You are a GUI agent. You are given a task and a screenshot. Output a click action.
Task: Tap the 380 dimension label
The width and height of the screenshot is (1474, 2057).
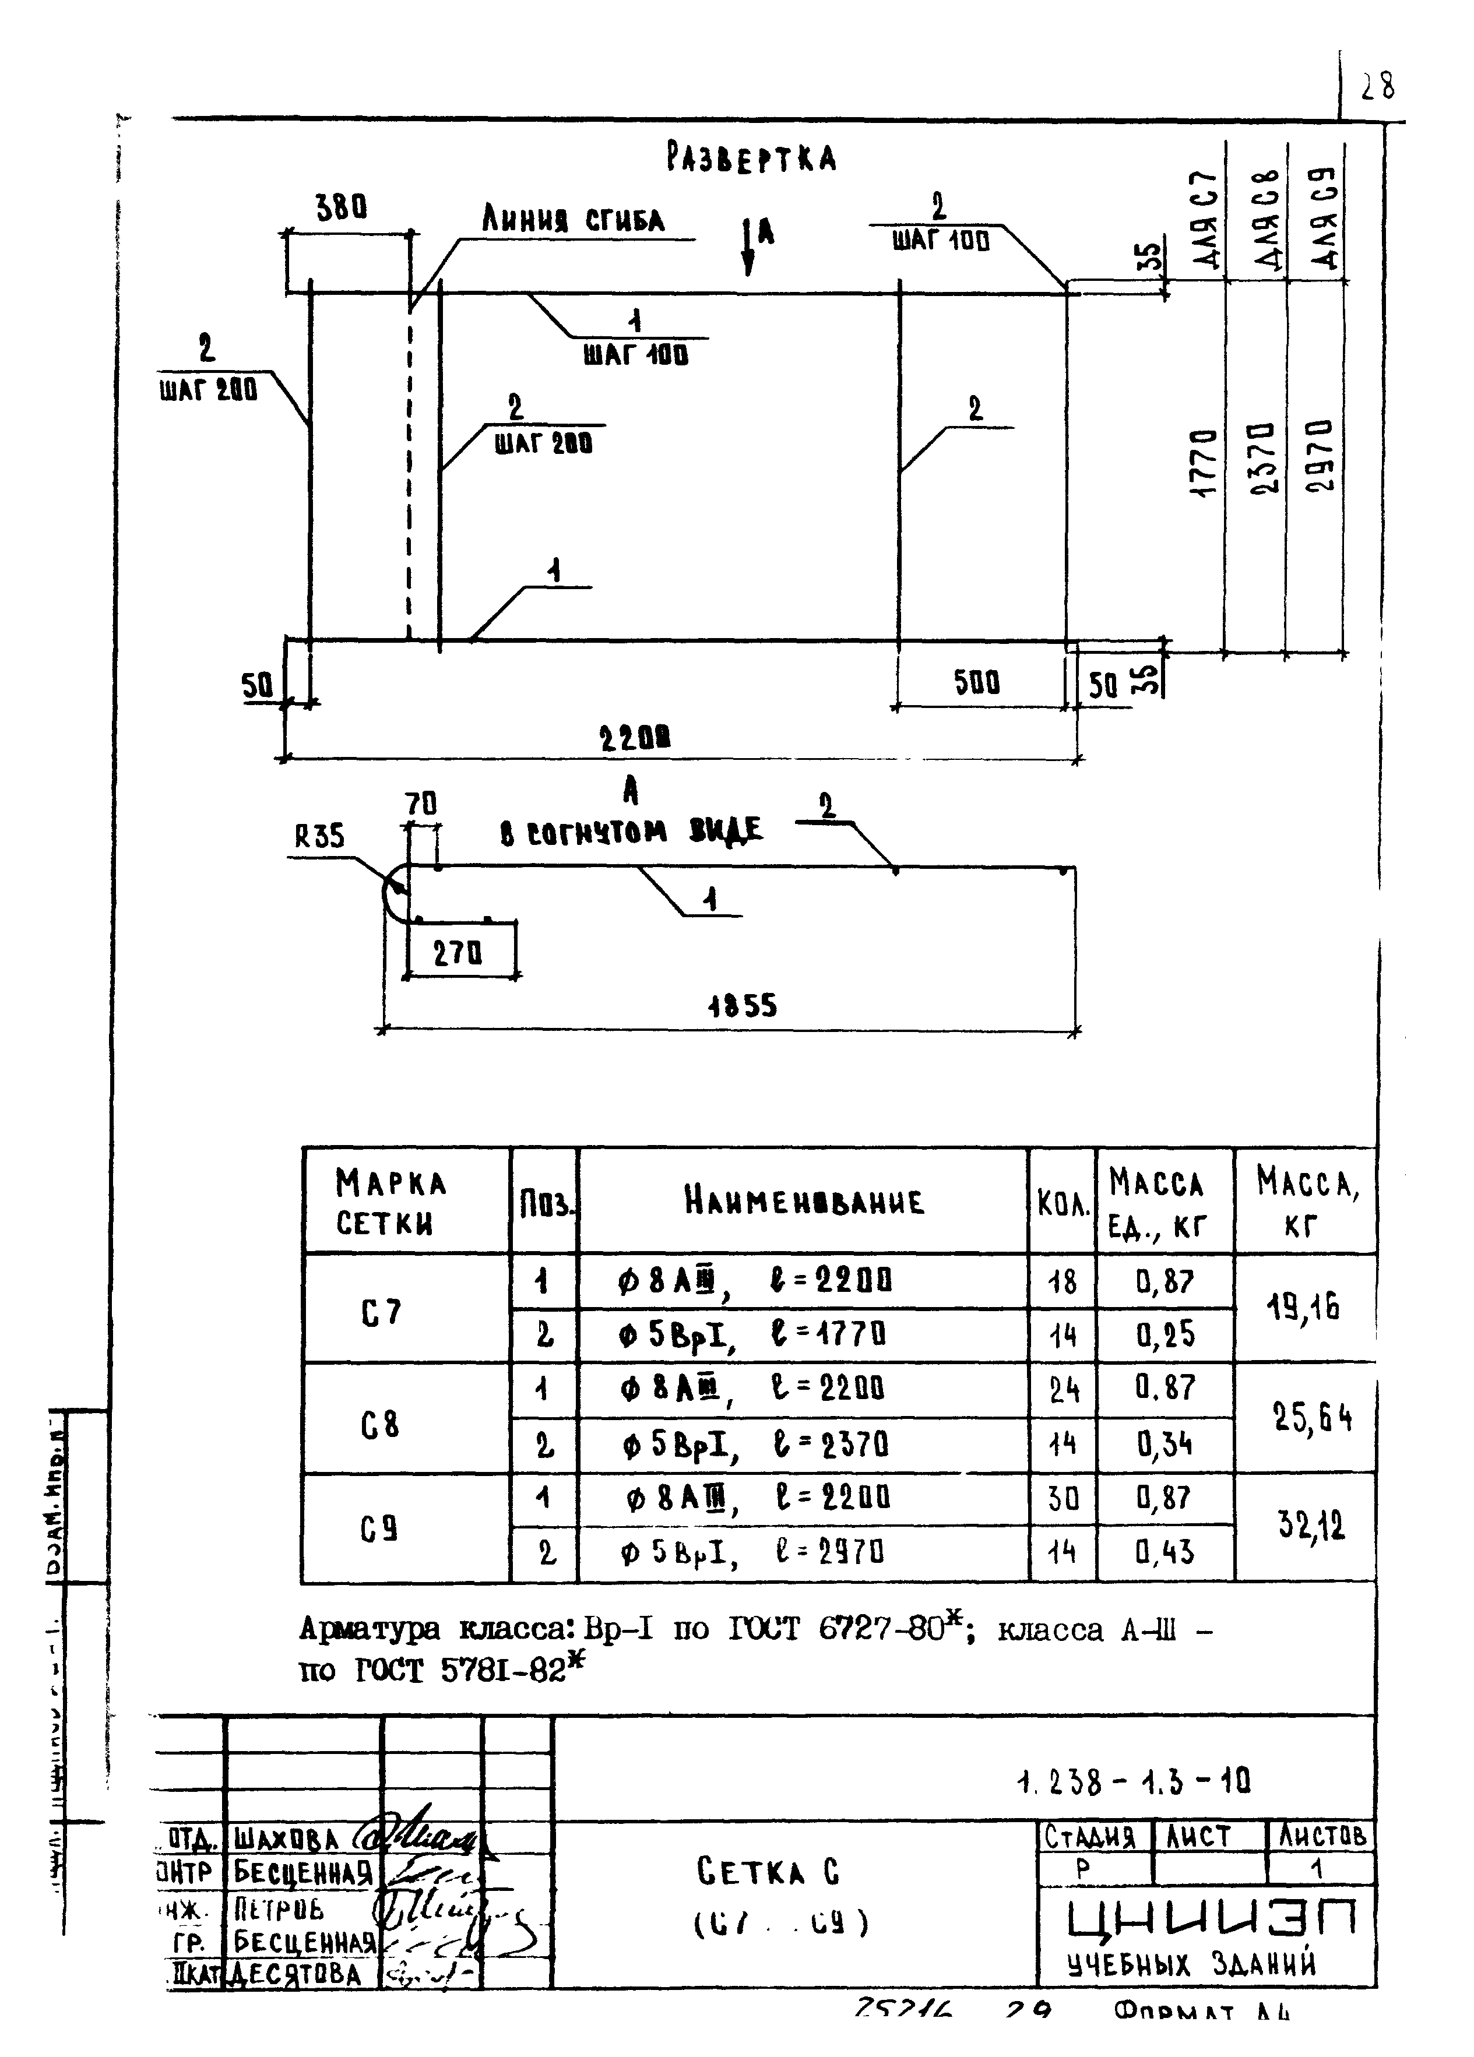pyautogui.click(x=341, y=210)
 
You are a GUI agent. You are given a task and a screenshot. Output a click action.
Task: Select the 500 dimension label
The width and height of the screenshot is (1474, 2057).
pyautogui.click(x=976, y=682)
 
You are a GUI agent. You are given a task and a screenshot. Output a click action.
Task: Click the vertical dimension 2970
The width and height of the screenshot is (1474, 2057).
pyautogui.click(x=1319, y=455)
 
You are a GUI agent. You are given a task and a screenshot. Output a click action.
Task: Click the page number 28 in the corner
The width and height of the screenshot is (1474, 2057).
pyautogui.click(x=1377, y=86)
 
